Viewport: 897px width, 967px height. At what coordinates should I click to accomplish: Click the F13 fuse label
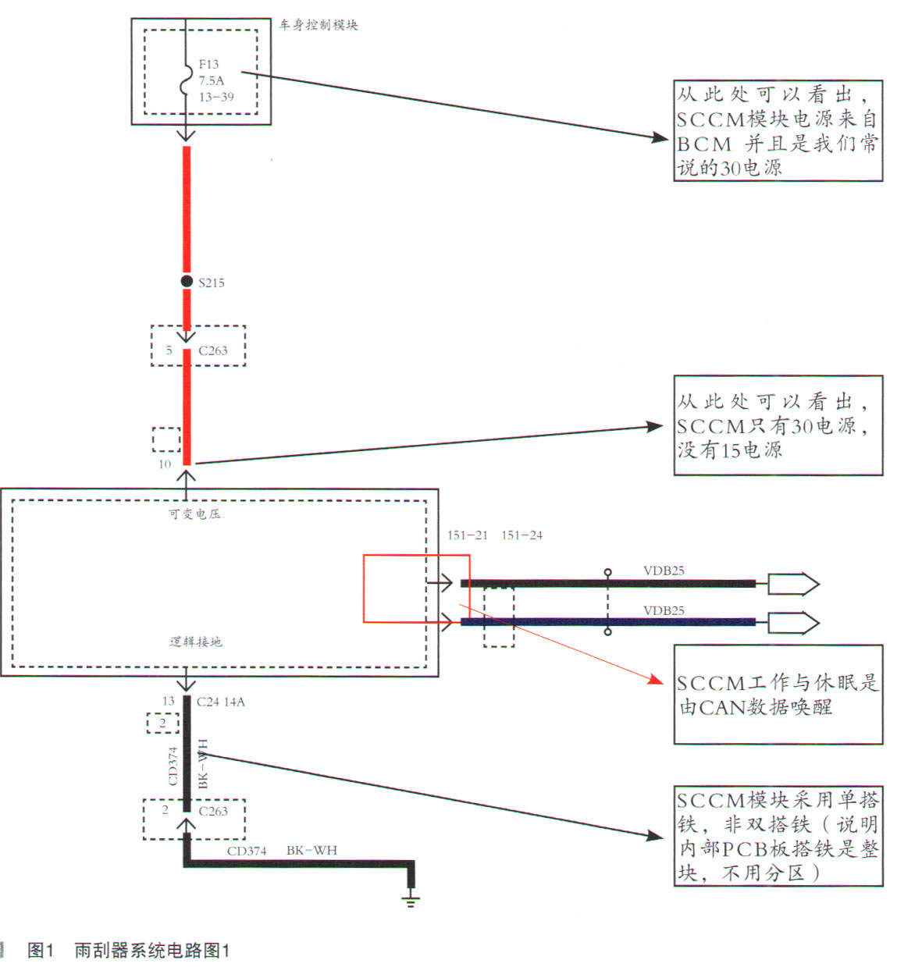pyautogui.click(x=208, y=64)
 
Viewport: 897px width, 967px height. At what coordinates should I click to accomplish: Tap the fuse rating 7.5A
pyautogui.click(x=211, y=80)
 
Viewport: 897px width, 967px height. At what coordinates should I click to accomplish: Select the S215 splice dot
pyautogui.click(x=187, y=281)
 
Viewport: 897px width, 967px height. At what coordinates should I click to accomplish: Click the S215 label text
pyautogui.click(x=212, y=283)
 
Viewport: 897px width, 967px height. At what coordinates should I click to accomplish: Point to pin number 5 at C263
pyautogui.click(x=169, y=350)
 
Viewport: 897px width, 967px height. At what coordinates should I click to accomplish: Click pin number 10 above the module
pyautogui.click(x=165, y=464)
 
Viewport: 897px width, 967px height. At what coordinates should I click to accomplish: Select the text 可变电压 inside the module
pyautogui.click(x=194, y=514)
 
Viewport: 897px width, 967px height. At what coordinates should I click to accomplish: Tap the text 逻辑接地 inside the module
pyautogui.click(x=196, y=642)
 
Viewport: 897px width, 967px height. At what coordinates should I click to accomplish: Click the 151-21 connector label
pyautogui.click(x=467, y=535)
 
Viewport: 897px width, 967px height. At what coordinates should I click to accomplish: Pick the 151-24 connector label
pyautogui.click(x=521, y=535)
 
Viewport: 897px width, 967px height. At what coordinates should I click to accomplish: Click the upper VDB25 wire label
pyautogui.click(x=664, y=571)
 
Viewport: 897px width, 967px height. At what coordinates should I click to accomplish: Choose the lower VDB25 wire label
pyautogui.click(x=664, y=610)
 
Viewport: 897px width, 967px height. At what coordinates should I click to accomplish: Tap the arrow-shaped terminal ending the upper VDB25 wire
pyautogui.click(x=793, y=584)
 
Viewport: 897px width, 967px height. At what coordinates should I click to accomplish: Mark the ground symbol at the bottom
pyautogui.click(x=411, y=900)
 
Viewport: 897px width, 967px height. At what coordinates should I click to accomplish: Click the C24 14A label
pyautogui.click(x=221, y=702)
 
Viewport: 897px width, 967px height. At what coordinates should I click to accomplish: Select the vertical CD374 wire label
pyautogui.click(x=173, y=766)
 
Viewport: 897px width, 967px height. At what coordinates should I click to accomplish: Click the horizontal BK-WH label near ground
pyautogui.click(x=311, y=850)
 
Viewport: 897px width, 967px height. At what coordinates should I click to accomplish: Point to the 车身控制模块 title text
pyautogui.click(x=319, y=25)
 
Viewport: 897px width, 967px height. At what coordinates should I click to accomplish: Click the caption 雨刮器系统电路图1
pyautogui.click(x=151, y=950)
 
